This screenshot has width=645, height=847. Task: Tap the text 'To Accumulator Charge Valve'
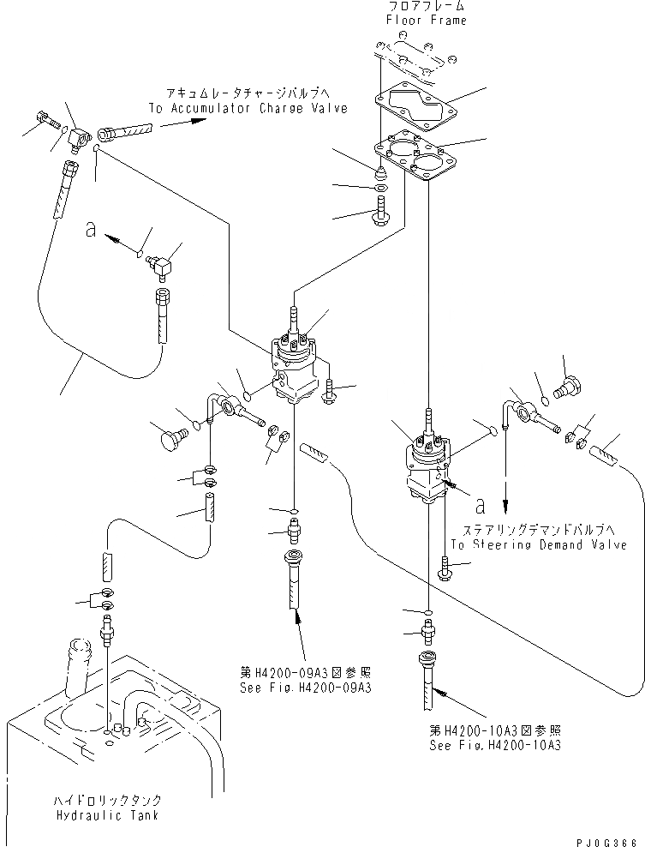pos(248,109)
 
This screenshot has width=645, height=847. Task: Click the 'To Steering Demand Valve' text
pos(538,544)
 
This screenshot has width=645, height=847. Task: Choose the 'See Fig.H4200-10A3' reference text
pos(494,746)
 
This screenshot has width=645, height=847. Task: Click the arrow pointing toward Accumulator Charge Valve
pos(183,123)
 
